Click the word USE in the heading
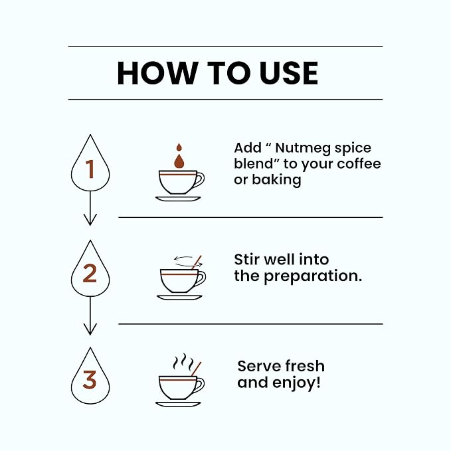point(288,73)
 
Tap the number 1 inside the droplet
point(90,169)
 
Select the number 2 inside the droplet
point(90,273)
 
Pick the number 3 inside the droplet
point(90,380)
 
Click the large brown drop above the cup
point(179,161)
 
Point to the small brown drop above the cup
point(179,147)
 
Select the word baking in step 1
point(276,180)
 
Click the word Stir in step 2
point(247,260)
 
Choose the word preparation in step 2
point(313,276)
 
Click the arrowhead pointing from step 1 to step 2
point(90,220)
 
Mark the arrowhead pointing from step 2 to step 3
point(90,329)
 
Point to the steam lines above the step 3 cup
point(184,362)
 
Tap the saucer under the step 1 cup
point(178,199)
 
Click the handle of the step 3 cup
point(201,386)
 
